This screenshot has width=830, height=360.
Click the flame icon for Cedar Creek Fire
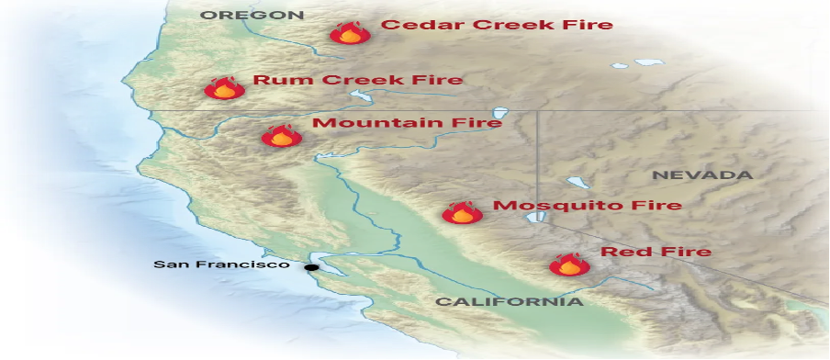point(350,35)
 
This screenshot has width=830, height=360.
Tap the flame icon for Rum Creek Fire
point(224,88)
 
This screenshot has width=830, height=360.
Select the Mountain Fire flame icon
point(282,137)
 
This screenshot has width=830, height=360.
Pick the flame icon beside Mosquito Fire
point(462,213)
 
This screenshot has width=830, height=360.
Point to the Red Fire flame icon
point(568,265)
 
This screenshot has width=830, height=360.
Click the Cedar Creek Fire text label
point(496,25)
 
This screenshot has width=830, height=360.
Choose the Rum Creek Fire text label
point(357,80)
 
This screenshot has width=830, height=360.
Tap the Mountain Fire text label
point(407,123)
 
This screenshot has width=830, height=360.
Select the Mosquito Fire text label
point(587,205)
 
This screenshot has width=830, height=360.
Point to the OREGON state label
point(252,15)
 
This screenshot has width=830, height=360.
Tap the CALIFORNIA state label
point(509,301)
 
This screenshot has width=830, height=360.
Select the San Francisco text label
point(220,264)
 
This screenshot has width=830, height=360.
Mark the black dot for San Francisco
point(312,267)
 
